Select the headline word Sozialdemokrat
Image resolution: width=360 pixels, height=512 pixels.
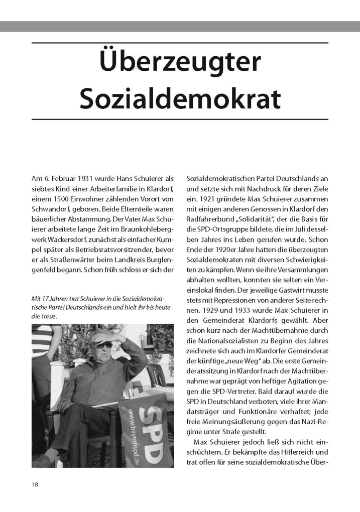click(x=180, y=98)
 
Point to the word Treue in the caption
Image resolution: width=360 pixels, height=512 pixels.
click(x=48, y=317)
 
